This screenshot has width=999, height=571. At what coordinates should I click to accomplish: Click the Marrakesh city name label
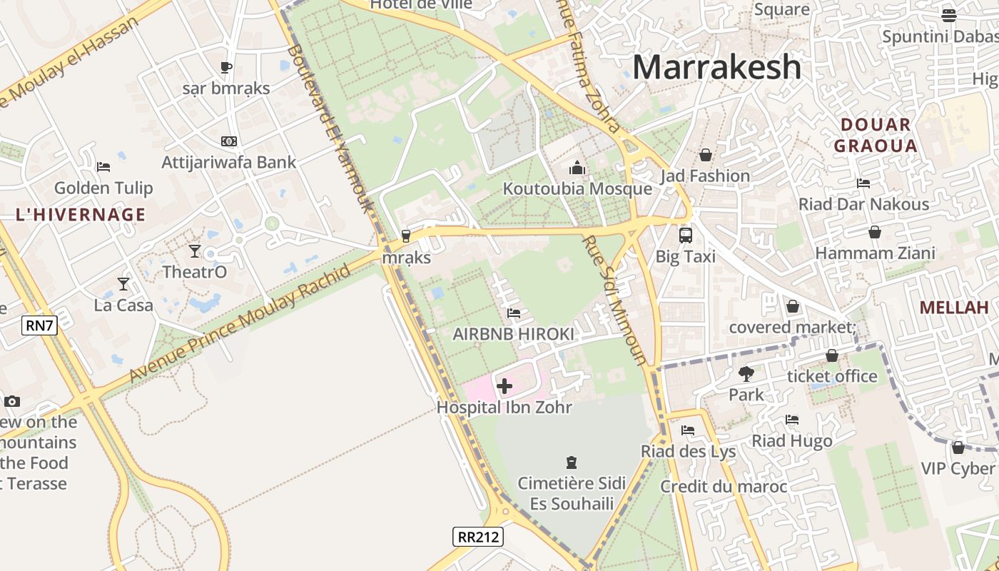(716, 67)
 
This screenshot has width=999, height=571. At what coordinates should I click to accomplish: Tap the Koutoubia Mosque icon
(577, 168)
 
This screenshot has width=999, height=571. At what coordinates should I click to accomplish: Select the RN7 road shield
(39, 325)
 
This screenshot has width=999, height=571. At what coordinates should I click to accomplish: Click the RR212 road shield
(477, 536)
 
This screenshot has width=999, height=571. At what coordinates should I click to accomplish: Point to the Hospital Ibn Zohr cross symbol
(504, 387)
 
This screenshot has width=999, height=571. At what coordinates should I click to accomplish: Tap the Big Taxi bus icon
(685, 235)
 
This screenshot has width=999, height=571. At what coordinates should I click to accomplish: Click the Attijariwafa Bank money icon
(228, 141)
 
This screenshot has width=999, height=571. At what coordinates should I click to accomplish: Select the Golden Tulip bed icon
(103, 167)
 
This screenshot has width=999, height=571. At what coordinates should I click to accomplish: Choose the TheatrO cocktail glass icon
(195, 251)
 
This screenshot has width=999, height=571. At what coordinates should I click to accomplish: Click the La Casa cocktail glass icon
(123, 284)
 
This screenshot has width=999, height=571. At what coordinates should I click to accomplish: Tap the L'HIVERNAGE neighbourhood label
(80, 215)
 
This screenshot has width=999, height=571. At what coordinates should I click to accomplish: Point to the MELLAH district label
(953, 308)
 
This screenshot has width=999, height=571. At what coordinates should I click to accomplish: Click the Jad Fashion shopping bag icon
(705, 155)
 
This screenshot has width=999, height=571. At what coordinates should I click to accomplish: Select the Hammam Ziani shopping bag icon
(875, 232)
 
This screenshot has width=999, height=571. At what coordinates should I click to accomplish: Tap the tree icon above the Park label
(746, 373)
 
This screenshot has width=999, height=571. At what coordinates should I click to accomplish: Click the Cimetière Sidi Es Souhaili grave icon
(571, 463)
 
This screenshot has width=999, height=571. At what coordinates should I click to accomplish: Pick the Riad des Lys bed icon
(688, 430)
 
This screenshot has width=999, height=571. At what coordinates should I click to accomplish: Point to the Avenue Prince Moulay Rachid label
(240, 323)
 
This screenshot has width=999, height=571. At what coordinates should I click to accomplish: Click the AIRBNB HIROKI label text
(513, 334)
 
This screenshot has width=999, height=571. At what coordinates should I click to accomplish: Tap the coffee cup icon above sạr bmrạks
(226, 68)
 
